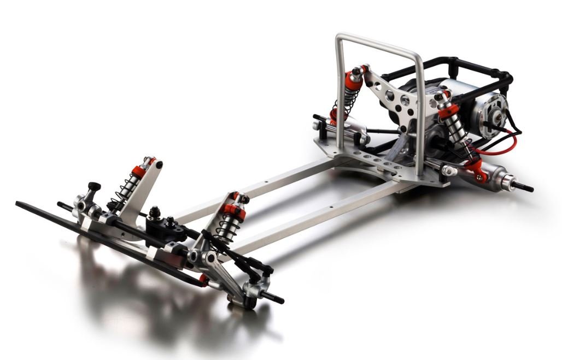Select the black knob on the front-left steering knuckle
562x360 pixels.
point(94,187)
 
